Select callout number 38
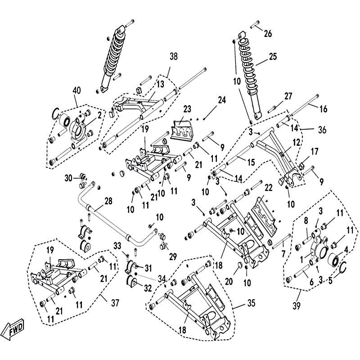[x=174, y=57]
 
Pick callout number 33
[x=117, y=245]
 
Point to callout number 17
[x=314, y=152]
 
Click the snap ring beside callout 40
[x=57, y=113]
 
